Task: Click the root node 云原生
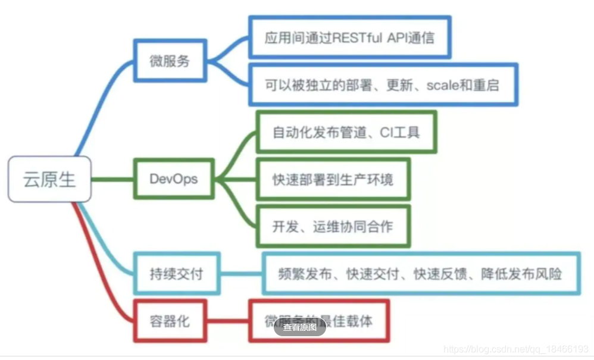(x=49, y=179)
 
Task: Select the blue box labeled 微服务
(x=169, y=61)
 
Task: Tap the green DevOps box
(x=173, y=179)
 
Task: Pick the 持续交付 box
(x=176, y=274)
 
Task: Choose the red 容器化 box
(x=169, y=321)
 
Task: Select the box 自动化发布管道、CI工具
(x=346, y=132)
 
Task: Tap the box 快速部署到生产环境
(x=333, y=179)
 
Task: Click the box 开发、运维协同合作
(x=333, y=226)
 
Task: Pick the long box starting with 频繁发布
(x=420, y=274)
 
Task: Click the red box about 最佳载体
(x=319, y=321)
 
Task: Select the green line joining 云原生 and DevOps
(x=113, y=179)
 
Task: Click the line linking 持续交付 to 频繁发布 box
(x=241, y=274)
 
